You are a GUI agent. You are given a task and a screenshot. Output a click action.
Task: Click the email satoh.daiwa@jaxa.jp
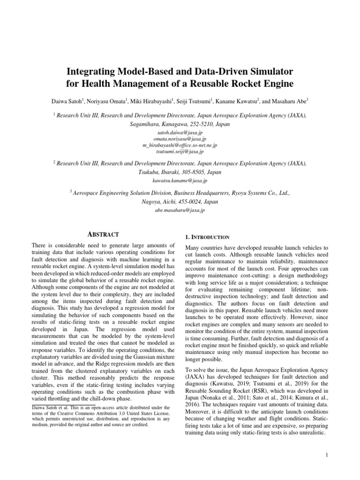point(180,133)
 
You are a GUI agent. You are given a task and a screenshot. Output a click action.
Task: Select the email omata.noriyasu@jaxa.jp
point(180,139)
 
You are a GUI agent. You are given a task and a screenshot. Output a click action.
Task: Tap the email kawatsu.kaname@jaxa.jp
point(180,180)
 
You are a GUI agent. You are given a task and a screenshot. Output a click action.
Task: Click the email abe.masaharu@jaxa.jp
point(180,210)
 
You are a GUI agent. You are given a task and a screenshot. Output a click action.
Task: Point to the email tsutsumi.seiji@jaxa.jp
point(180,151)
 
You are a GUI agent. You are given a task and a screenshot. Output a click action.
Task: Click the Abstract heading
point(103,234)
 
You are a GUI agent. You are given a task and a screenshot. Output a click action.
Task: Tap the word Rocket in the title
point(251,84)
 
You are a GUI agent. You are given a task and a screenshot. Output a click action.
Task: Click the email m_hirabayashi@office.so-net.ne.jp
point(180,145)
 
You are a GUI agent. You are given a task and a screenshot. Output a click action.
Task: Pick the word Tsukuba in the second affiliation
point(149,172)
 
